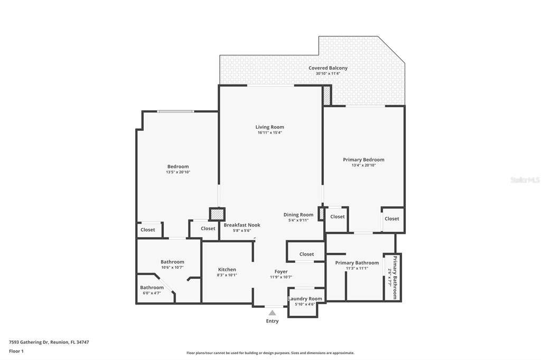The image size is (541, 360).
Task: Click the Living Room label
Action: pos(270,127)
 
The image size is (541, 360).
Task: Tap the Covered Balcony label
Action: pos(328,68)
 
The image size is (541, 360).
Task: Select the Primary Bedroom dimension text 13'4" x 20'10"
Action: pos(363,165)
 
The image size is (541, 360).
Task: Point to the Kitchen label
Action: pos(227,270)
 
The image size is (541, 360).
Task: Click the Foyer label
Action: pos(281,272)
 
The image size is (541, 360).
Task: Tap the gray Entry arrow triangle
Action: pos(273,313)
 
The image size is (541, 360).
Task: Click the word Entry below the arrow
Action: pos(272,321)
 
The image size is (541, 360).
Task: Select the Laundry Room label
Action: pos(305,299)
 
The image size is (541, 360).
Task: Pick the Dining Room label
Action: pos(299,215)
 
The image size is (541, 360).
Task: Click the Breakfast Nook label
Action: pos(242,225)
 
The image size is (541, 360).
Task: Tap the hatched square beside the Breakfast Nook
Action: pos(217,214)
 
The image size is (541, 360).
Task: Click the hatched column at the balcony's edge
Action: pos(327,96)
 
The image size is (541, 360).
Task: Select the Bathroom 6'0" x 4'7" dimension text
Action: pos(152,293)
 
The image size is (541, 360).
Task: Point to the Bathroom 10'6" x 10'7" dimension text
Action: pos(172,267)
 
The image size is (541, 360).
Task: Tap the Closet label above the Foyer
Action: pos(307,254)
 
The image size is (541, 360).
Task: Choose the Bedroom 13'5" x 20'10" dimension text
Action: pos(178,172)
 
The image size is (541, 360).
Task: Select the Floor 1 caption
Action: pos(16,352)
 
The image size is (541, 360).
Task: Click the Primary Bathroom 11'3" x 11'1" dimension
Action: pos(357,268)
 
